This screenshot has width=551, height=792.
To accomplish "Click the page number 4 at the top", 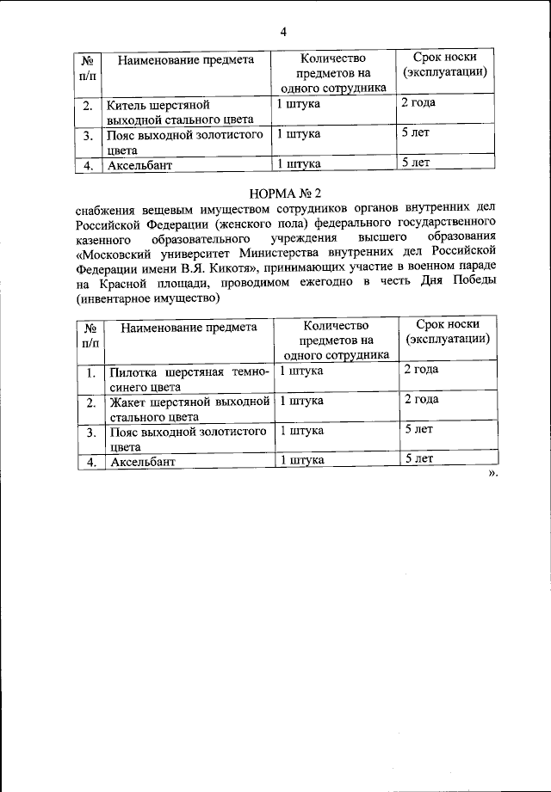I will [282, 32].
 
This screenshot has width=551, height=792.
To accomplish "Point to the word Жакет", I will [127, 402].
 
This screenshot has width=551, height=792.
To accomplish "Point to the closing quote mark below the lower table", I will [493, 474].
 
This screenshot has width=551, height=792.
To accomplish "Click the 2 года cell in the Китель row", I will [418, 103].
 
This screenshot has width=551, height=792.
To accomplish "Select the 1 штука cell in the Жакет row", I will [301, 401].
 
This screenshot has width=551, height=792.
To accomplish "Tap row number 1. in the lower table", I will [89, 372].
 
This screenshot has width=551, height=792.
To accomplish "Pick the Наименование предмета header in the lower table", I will [189, 327].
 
